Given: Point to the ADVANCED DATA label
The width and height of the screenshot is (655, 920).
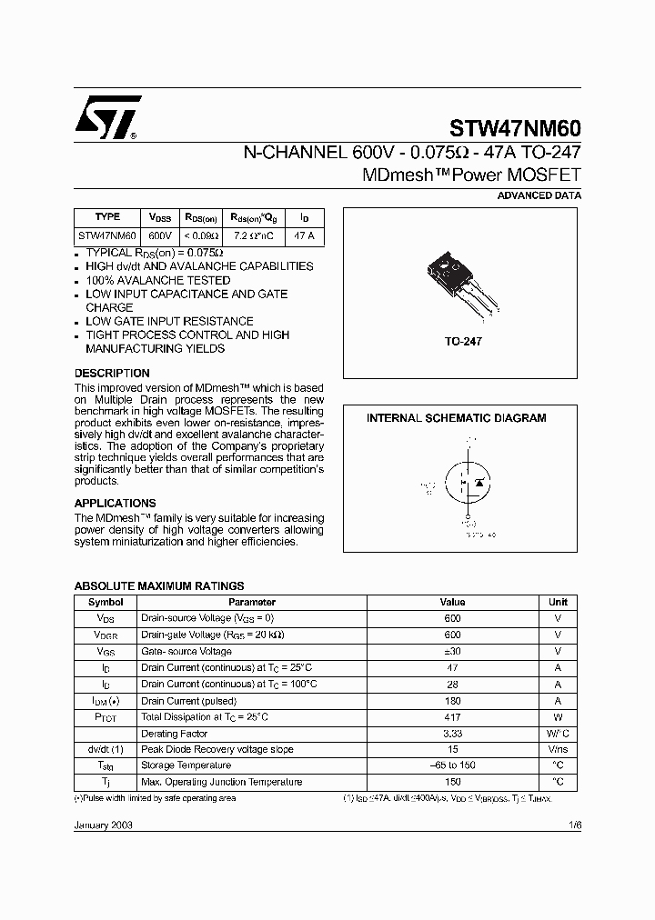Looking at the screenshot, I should pyautogui.click(x=539, y=195).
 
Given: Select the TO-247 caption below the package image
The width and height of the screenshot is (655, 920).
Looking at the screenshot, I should pyautogui.click(x=462, y=342).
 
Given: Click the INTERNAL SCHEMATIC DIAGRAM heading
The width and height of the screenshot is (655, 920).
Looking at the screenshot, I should pyautogui.click(x=456, y=418).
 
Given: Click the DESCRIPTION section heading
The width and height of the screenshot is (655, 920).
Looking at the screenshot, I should pyautogui.click(x=112, y=374).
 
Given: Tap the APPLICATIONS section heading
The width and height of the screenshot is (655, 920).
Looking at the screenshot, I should pyautogui.click(x=115, y=503).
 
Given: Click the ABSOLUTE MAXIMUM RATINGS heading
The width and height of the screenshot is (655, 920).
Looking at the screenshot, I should pyautogui.click(x=158, y=586).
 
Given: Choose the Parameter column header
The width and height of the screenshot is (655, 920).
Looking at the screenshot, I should pyautogui.click(x=252, y=602).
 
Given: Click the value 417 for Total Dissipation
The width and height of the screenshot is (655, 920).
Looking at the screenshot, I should pyautogui.click(x=452, y=717).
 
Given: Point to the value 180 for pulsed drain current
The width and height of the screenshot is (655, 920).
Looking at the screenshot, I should pyautogui.click(x=452, y=701).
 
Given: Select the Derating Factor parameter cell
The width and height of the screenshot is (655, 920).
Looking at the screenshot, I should pyautogui.click(x=174, y=734).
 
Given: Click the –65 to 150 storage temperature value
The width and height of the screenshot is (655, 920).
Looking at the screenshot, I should pyautogui.click(x=452, y=765).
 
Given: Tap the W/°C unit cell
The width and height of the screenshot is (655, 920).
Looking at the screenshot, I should pyautogui.click(x=558, y=734).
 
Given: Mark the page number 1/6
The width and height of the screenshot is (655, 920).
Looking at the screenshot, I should pyautogui.click(x=572, y=821).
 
